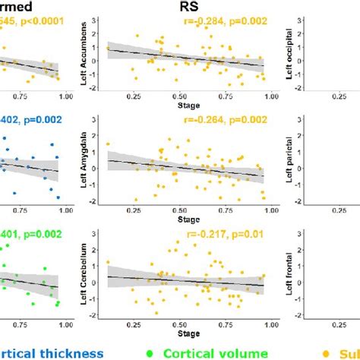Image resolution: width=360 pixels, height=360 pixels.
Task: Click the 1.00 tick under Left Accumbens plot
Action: pos(264,96)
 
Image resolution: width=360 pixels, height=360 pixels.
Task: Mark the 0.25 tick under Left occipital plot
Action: pos(335,96)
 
